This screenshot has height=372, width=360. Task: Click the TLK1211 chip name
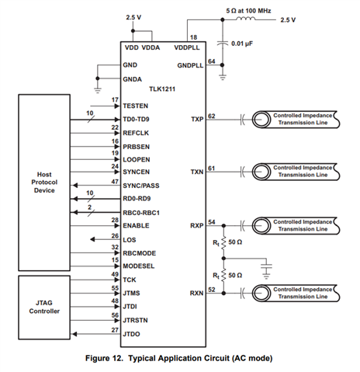[162, 89]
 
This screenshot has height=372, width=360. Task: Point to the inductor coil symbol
[245, 19]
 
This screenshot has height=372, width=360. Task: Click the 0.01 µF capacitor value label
[242, 43]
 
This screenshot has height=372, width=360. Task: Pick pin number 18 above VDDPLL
[193, 37]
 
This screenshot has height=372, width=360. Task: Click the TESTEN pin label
[136, 106]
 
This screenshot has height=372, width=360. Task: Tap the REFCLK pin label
[136, 133]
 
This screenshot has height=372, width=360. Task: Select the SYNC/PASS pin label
[141, 186]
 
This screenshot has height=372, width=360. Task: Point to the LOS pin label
[130, 240]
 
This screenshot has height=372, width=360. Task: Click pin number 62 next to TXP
[212, 116]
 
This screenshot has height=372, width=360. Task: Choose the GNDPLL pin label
[190, 65]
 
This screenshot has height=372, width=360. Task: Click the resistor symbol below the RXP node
[224, 242]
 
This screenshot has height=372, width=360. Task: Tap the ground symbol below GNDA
[98, 90]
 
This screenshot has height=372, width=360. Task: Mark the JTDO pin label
[131, 334]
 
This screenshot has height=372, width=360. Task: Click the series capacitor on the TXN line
[243, 172]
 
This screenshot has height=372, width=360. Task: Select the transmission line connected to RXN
[296, 294]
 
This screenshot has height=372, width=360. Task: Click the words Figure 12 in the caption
[104, 358]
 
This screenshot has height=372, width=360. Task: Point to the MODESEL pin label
[139, 266]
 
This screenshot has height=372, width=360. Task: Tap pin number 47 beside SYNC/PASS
[115, 182]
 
